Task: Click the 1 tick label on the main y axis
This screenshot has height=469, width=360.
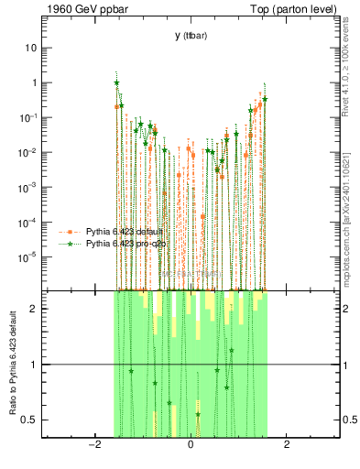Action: (x=34, y=82)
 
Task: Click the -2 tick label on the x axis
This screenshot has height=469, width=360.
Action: (x=93, y=445)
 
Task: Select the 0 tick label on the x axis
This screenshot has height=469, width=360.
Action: (x=190, y=445)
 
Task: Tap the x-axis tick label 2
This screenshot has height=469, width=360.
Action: (x=287, y=445)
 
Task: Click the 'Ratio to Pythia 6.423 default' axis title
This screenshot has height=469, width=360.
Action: (x=11, y=364)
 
